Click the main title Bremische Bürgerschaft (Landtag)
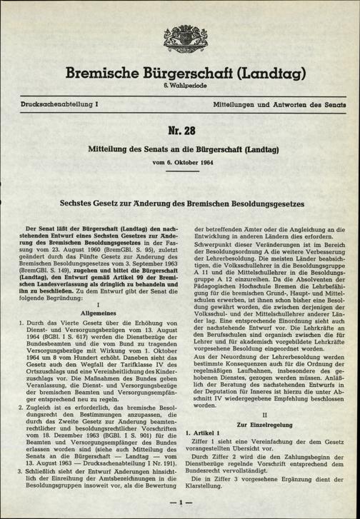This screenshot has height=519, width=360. (179, 71)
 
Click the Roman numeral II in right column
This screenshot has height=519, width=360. (264, 413)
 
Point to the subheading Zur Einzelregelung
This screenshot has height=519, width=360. (264, 423)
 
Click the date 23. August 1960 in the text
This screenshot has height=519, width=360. (68, 264)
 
